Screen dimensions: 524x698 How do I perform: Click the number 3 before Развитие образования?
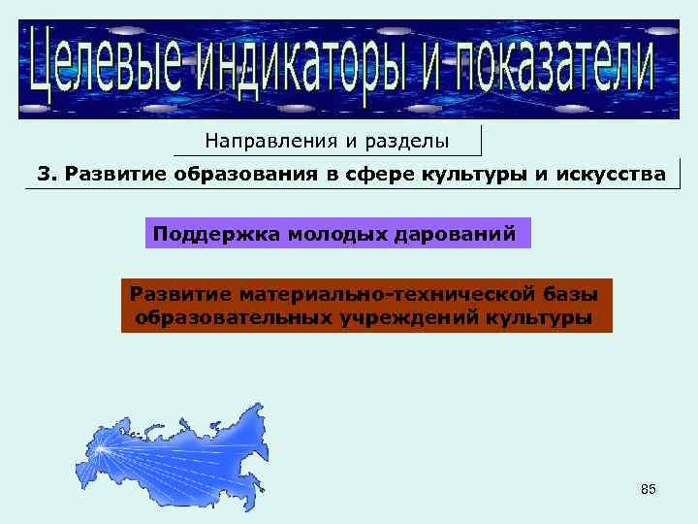click(x=44, y=174)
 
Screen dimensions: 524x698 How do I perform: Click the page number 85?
click(x=649, y=490)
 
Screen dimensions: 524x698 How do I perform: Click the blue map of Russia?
click(x=184, y=456)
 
